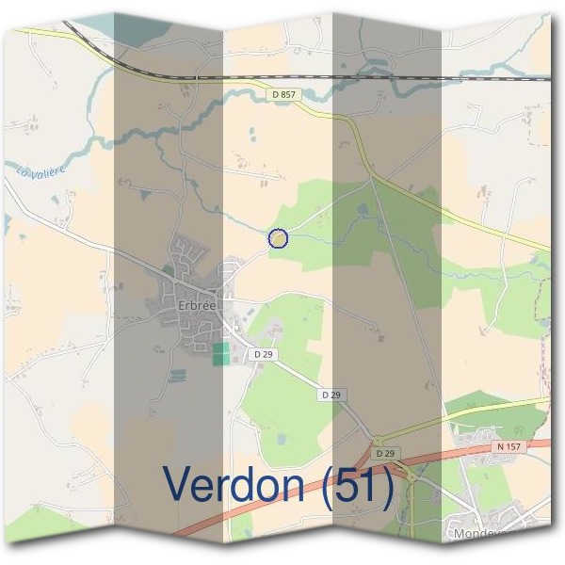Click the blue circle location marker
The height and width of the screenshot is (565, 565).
click(278, 239)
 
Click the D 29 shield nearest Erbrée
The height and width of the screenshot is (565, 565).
click(263, 353)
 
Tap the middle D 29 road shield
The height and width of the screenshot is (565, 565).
click(330, 395)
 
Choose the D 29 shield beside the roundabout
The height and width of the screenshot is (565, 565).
click(381, 454)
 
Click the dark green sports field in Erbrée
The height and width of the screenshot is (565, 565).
click(220, 355)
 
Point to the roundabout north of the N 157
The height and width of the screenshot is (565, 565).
click(378, 440)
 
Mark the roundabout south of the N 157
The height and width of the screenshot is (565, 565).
click(411, 477)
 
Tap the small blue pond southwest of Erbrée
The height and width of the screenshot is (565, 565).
click(177, 375)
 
